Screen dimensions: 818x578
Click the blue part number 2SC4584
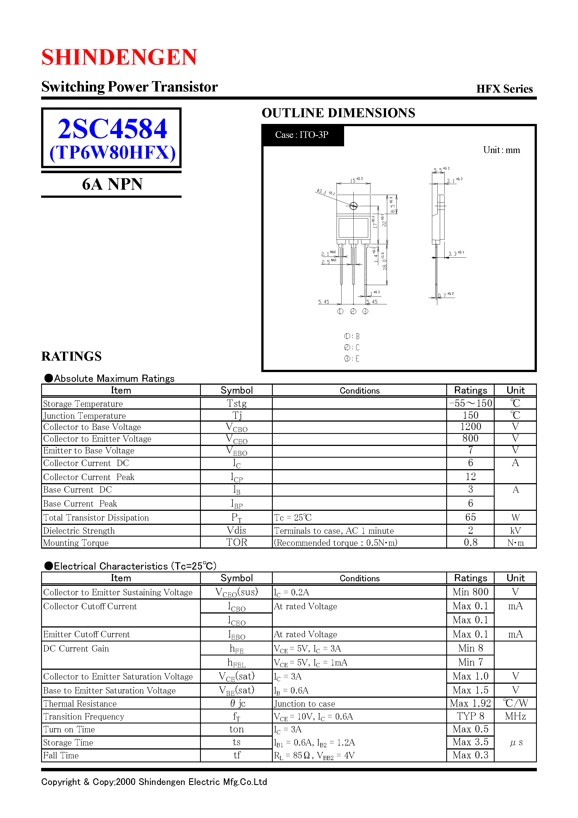click(x=112, y=129)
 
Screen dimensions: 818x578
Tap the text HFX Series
click(x=504, y=89)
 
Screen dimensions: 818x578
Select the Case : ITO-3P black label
click(x=302, y=135)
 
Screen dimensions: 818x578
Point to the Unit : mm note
click(x=501, y=150)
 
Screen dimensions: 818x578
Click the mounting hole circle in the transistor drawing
click(x=353, y=206)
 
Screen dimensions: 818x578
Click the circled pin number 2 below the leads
click(x=353, y=311)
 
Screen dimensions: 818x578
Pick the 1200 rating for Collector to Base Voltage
click(x=470, y=427)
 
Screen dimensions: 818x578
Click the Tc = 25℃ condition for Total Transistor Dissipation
click(x=293, y=517)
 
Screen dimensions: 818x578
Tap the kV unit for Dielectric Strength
click(x=515, y=530)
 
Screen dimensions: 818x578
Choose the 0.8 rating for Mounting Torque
click(x=470, y=542)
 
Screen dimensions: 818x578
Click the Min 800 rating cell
click(x=470, y=592)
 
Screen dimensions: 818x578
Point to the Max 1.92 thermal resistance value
click(x=470, y=703)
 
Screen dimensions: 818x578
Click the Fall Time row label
click(x=61, y=755)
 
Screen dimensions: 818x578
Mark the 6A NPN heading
click(x=112, y=184)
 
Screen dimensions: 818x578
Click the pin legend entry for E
click(x=352, y=359)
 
